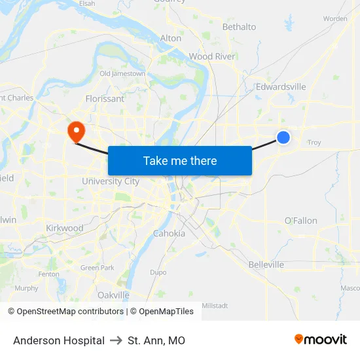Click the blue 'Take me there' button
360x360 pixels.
(180, 160)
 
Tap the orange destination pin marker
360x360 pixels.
(77, 131)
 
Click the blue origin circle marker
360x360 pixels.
(283, 137)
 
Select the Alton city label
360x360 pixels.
(171, 38)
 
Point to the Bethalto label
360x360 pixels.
(239, 27)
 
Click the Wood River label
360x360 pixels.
(211, 56)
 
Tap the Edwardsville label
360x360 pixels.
(281, 86)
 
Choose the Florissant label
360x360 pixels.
(105, 99)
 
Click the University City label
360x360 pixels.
(111, 181)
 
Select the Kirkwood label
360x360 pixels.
(65, 228)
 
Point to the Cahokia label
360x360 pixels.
(169, 233)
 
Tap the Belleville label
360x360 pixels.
(266, 264)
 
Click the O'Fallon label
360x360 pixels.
(301, 221)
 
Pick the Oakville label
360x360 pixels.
(113, 295)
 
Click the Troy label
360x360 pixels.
(314, 142)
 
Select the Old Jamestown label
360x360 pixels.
(122, 74)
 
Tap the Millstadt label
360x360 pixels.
(215, 305)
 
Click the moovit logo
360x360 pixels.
(321, 340)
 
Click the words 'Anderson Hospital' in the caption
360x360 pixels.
(59, 340)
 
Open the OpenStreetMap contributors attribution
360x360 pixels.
(65, 312)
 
